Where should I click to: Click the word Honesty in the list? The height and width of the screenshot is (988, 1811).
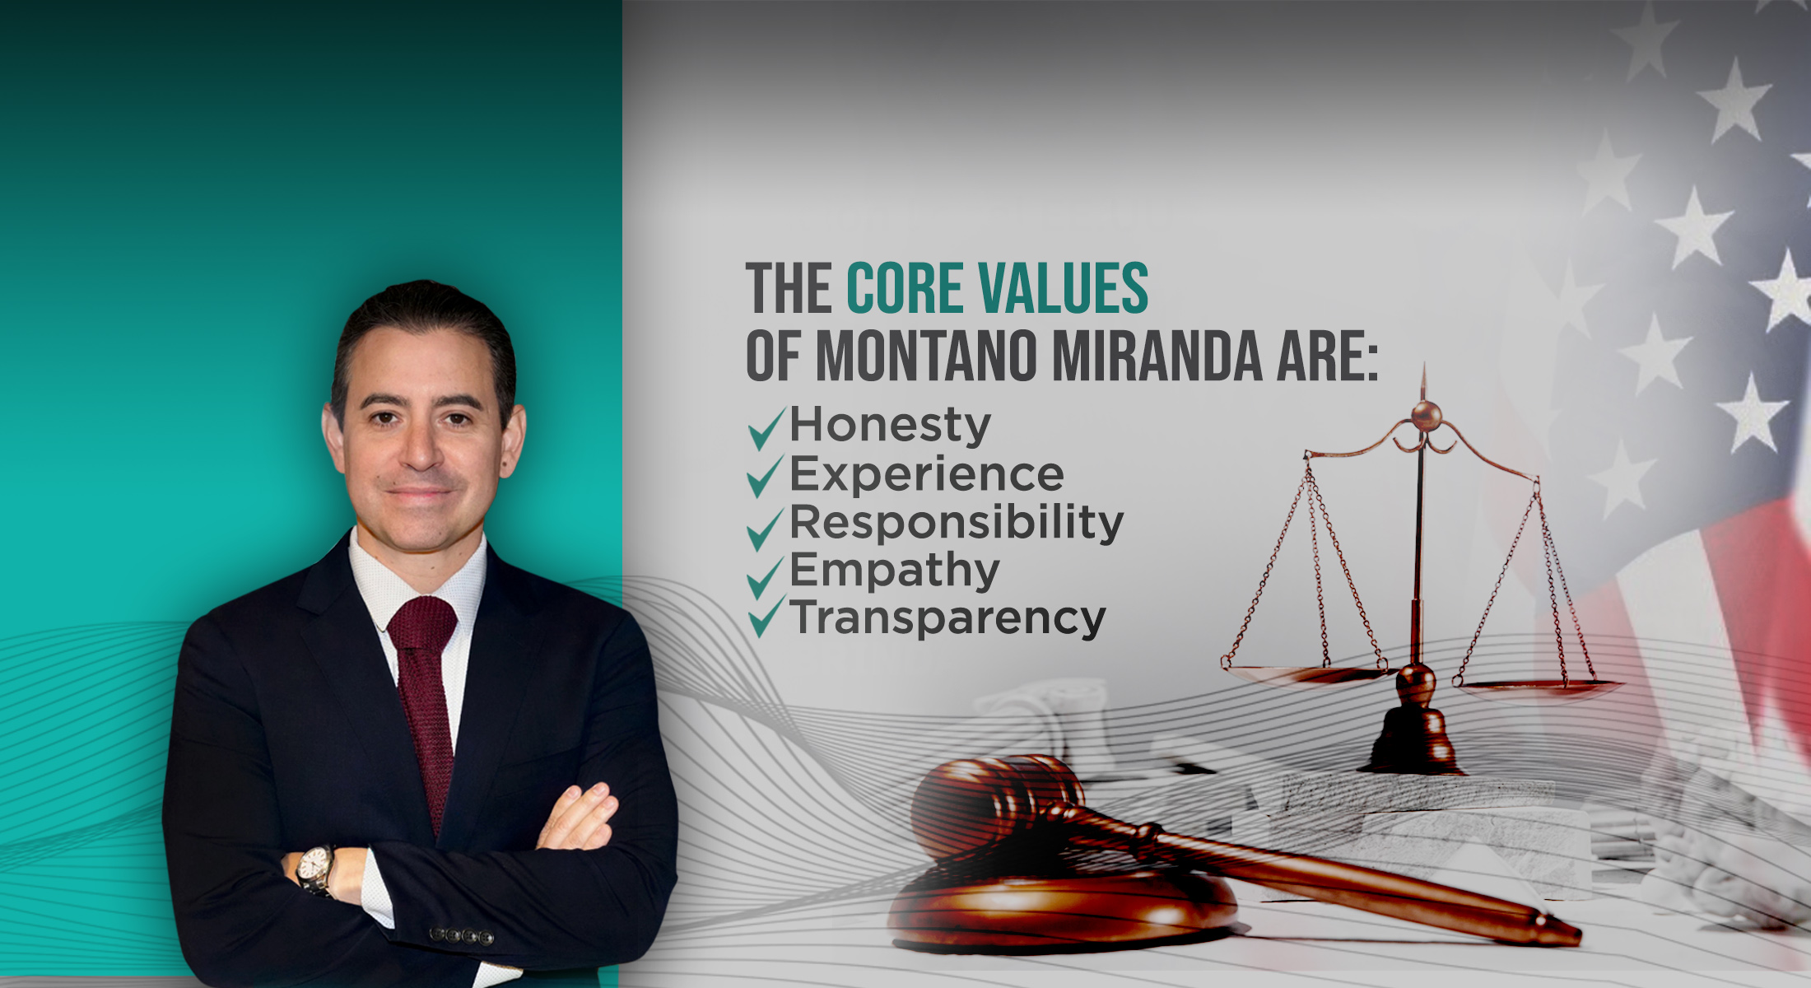click(890, 426)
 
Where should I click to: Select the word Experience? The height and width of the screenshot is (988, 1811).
click(927, 476)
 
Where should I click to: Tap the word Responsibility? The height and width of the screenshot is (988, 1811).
click(957, 524)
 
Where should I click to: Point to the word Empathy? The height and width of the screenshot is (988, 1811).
click(895, 571)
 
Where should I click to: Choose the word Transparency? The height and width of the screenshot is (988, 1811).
click(947, 619)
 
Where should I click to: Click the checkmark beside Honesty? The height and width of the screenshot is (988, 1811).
click(766, 427)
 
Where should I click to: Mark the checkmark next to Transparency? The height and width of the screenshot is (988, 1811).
click(766, 617)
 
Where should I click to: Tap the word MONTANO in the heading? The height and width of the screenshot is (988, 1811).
click(926, 357)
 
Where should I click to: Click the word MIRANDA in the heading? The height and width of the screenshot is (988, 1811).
click(1157, 357)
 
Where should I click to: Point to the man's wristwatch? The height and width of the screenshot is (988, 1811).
click(314, 869)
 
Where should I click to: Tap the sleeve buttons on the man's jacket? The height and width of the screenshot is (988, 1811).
click(462, 936)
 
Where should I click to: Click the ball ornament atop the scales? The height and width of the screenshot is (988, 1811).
click(1426, 415)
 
